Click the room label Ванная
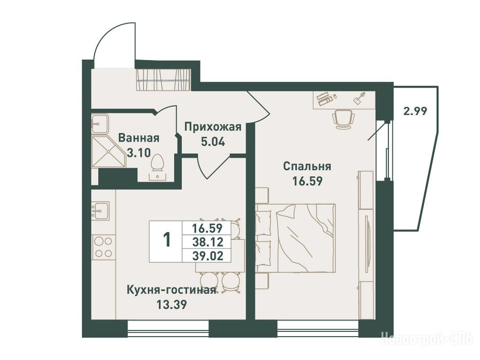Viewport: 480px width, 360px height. (139, 138)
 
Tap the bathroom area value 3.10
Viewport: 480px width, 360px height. (139, 152)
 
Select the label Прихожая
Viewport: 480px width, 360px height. (213, 127)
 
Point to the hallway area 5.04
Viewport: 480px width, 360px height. (213, 142)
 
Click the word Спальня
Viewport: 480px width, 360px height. (307, 167)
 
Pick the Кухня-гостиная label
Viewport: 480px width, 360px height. (171, 290)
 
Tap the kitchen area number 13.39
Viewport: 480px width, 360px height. (171, 305)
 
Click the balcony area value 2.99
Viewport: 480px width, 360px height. (415, 111)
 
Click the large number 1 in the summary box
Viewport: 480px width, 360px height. (167, 240)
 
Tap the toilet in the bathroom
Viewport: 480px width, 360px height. (158, 168)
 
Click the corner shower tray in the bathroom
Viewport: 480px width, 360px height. (108, 151)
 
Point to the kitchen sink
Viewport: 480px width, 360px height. (100, 210)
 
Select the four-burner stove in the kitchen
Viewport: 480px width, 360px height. (103, 248)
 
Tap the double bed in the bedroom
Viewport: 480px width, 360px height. (296, 238)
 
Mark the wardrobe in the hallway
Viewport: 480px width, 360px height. (163, 80)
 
